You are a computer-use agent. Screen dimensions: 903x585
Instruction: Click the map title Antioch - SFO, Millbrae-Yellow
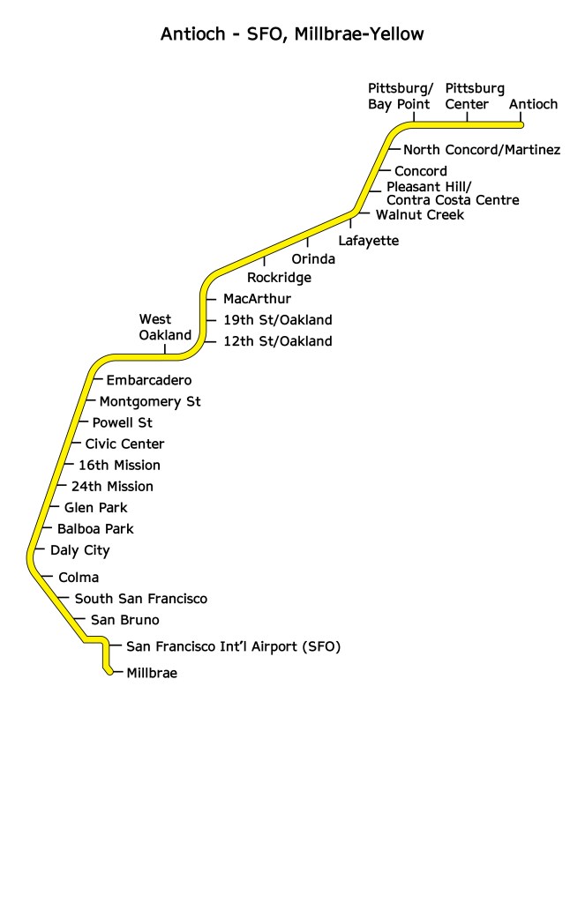point(292,35)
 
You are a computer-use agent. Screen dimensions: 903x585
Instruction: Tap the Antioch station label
point(534,105)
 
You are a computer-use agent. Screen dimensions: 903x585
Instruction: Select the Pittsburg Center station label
point(475,97)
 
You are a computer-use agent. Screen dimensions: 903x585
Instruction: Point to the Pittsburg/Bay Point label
point(400,97)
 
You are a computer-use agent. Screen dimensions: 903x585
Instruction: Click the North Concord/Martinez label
point(481,150)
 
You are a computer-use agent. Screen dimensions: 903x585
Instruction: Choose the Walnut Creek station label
point(419,214)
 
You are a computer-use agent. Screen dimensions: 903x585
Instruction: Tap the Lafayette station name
point(369,241)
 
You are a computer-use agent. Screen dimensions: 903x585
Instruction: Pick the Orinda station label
point(313,259)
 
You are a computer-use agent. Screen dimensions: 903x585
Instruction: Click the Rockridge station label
point(279,278)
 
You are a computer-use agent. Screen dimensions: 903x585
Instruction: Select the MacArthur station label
point(257,299)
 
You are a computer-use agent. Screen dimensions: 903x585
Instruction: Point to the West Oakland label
point(165,327)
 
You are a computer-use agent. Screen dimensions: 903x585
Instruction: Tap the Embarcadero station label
point(148,381)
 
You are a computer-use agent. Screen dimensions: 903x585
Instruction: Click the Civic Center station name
point(124,444)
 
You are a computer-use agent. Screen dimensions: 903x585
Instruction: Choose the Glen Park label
point(95,508)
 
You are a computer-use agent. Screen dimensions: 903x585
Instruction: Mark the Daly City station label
point(79,550)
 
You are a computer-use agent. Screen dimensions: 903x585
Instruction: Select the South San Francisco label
point(140,599)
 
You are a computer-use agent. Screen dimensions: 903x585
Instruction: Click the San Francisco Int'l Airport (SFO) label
point(233,647)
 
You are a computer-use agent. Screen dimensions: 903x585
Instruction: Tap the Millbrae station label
point(152,674)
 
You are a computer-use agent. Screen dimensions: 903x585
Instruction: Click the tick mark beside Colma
point(46,578)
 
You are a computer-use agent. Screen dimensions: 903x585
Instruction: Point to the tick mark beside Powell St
point(82,423)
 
